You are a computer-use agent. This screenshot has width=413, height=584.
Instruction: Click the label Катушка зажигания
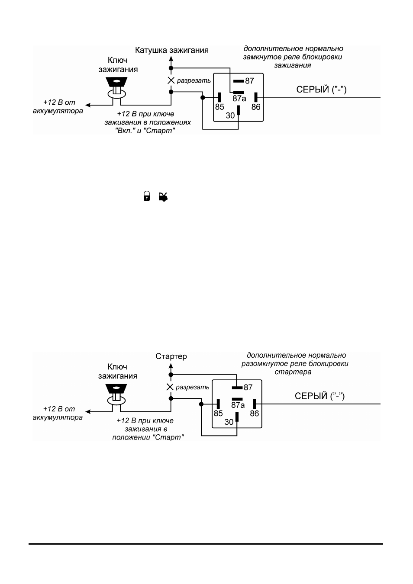coord(172,50)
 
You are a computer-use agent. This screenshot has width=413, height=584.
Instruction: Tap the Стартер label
coord(171,356)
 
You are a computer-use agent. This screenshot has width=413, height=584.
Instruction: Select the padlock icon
coord(147,196)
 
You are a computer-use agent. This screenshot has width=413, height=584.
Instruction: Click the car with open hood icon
coord(163,197)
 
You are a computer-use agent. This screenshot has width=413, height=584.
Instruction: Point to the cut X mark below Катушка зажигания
coord(171,80)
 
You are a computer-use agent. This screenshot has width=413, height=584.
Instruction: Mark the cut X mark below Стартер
coord(170,387)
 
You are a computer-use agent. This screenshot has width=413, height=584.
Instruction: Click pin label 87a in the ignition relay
coord(239,99)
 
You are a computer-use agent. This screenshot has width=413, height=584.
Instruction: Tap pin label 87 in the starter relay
coord(248,388)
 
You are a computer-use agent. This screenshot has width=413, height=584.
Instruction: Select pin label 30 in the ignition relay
coord(230,115)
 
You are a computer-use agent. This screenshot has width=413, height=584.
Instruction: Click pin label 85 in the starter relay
coord(218,413)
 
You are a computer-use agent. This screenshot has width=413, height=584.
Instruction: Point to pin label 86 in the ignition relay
coord(256,107)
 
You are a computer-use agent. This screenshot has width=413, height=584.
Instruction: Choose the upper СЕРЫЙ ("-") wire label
coord(321,90)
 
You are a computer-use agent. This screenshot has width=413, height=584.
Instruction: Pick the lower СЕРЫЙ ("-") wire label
coord(320,396)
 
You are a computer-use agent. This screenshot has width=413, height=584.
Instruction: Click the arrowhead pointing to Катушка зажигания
coord(171,59)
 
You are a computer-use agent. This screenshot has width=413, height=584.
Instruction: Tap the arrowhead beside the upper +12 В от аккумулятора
coord(88,105)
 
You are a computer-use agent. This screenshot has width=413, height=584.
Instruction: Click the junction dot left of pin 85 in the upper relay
coord(203,97)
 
